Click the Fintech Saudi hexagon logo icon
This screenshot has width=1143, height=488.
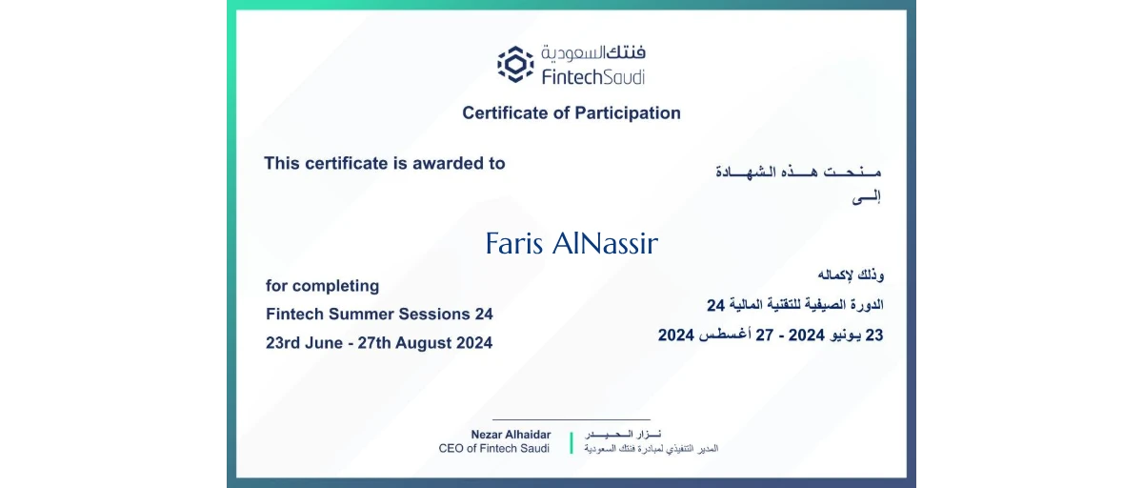tap(515, 64)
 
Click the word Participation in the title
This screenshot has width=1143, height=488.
tap(628, 113)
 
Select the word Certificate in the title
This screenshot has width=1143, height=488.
tap(508, 113)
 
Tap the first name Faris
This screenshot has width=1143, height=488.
tap(514, 244)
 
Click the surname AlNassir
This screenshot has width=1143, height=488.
tap(605, 244)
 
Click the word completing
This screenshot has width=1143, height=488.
tap(335, 286)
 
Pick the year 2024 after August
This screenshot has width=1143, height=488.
tap(471, 343)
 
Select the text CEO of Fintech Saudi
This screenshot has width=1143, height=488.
tap(493, 448)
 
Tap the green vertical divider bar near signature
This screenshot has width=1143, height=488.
tap(571, 442)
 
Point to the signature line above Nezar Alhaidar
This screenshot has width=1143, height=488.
tap(571, 419)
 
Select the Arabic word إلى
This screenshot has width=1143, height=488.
tap(865, 197)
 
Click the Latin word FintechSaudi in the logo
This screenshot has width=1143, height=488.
tap(592, 76)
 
